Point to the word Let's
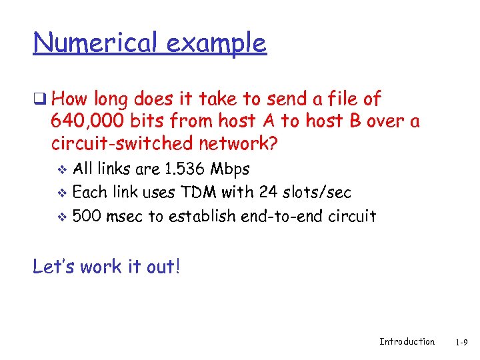pos(54,267)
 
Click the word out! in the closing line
pos(164,267)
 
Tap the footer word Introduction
pos(407,341)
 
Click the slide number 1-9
pos(461,342)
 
